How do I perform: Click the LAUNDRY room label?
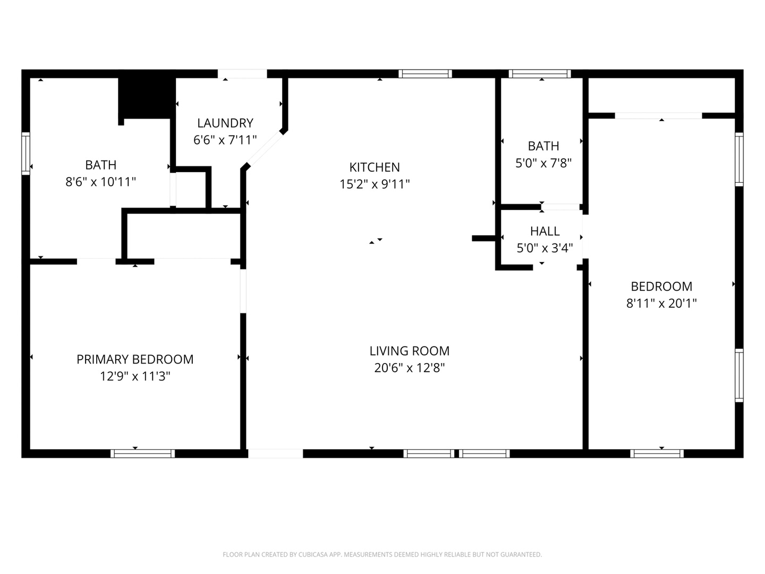(225, 123)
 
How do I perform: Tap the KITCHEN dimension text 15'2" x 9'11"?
(375, 184)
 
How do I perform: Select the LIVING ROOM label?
(409, 351)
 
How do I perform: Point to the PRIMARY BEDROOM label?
(135, 359)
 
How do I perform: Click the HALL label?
(545, 231)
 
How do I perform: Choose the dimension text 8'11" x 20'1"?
(661, 303)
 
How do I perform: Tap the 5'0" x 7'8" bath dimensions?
(543, 163)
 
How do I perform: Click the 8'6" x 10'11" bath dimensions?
(100, 182)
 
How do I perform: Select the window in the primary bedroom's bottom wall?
(142, 453)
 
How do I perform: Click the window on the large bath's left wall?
(25, 153)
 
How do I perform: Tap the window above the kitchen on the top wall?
(425, 74)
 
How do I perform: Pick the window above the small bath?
(539, 74)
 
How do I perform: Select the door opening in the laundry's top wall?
(242, 74)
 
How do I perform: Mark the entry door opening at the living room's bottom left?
(275, 453)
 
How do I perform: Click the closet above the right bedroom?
(661, 96)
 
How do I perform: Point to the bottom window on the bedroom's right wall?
(739, 375)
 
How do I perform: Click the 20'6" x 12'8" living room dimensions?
(409, 368)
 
